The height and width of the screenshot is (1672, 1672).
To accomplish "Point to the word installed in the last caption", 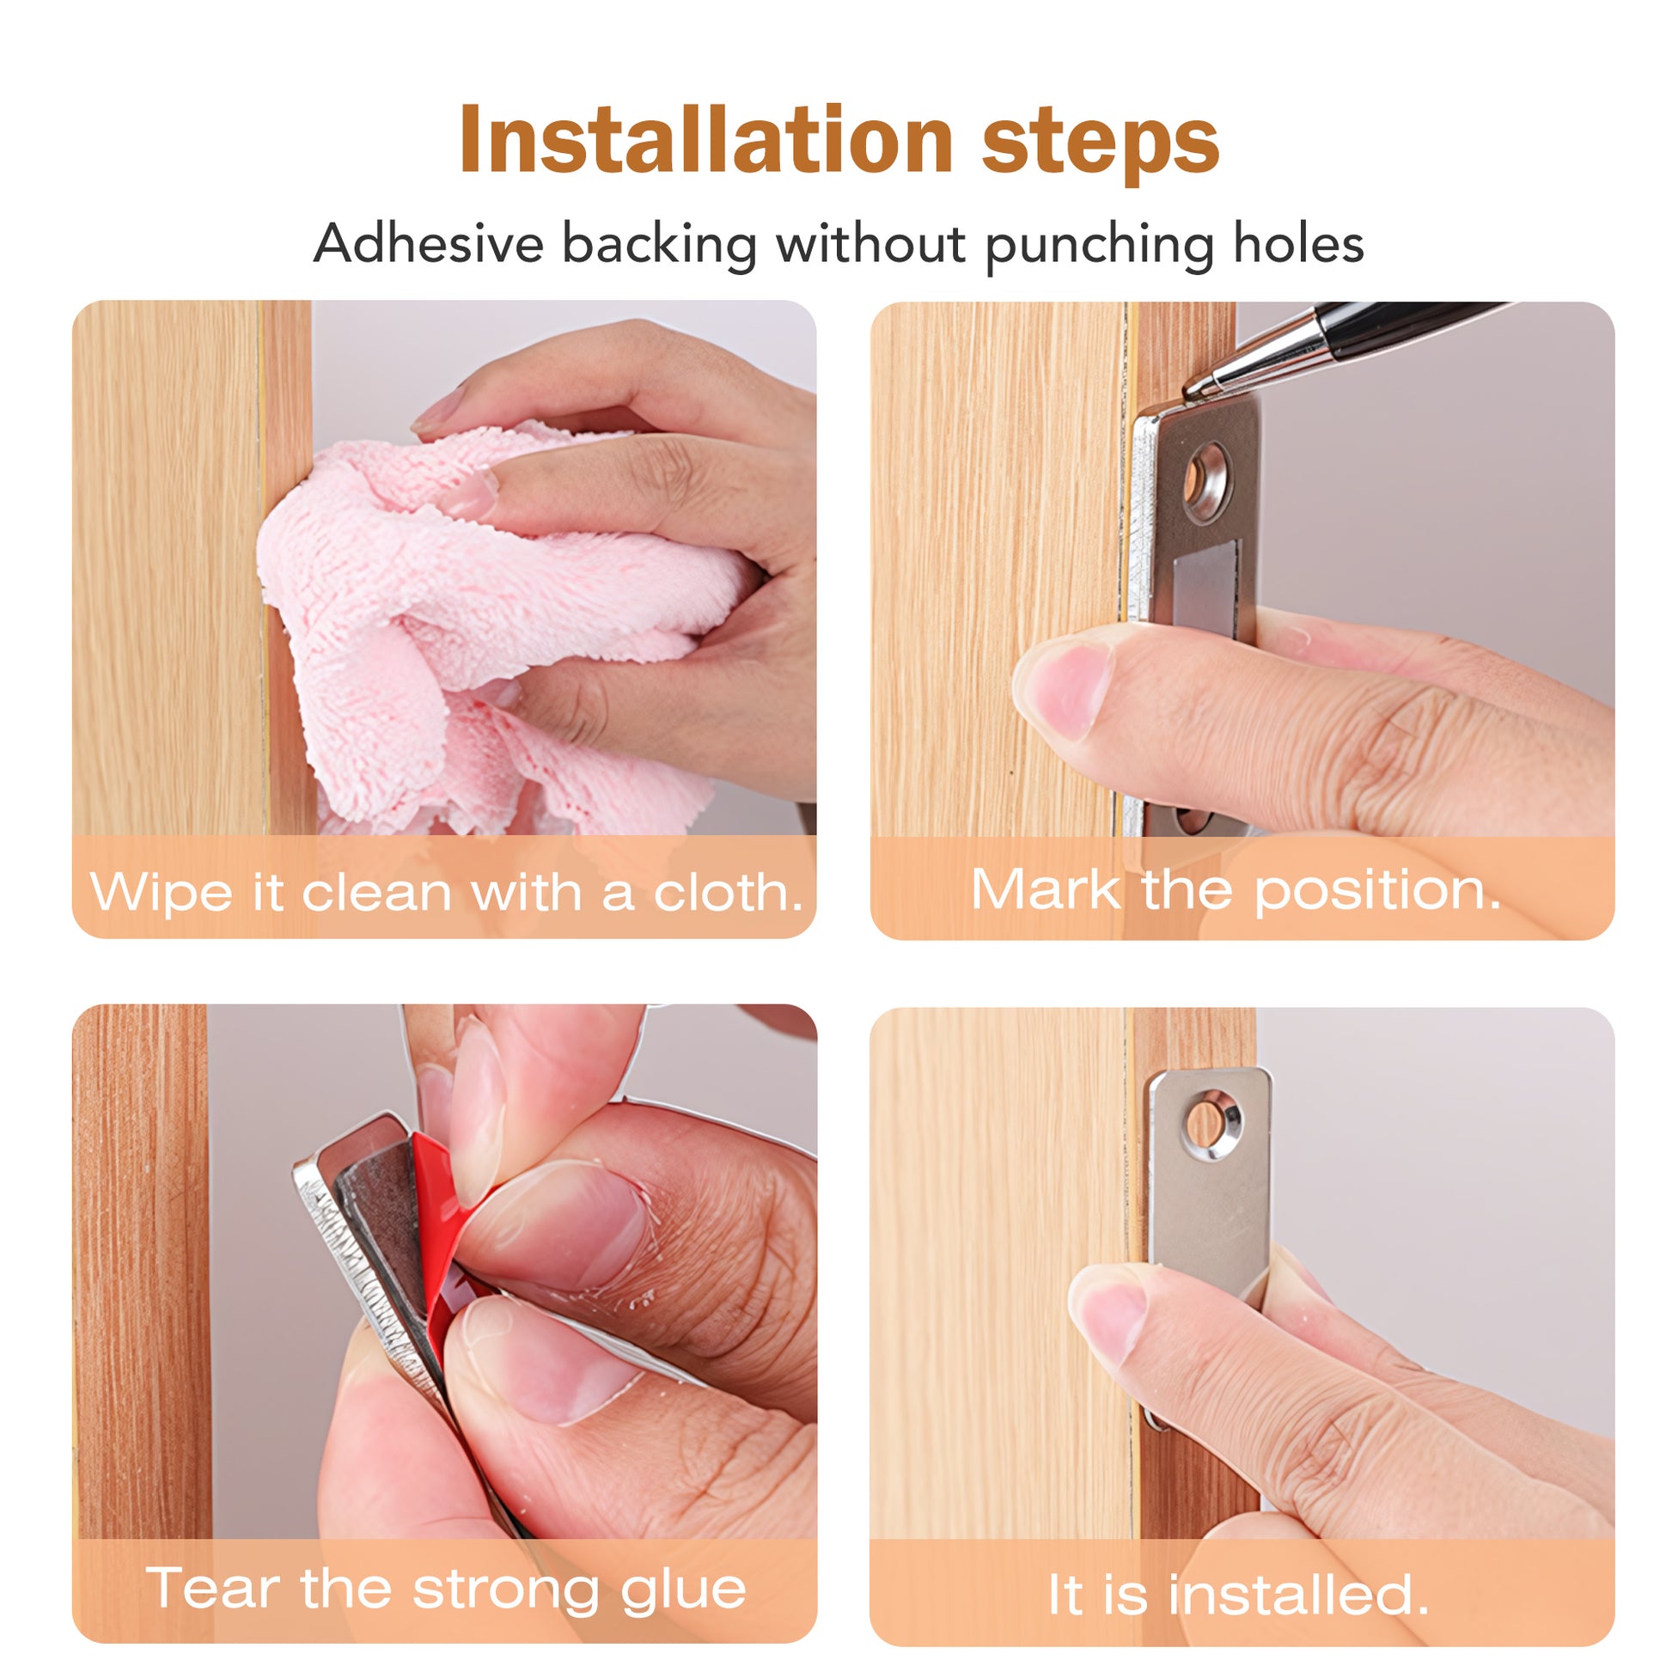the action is (x=1298, y=1594).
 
